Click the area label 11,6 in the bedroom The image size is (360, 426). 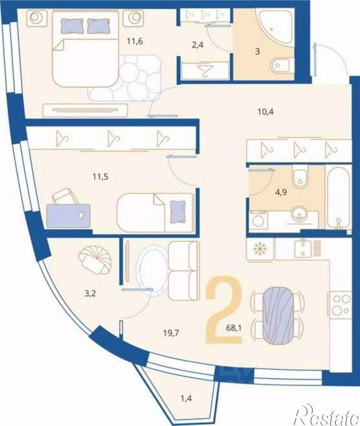coord(135,42)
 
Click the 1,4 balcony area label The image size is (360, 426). coord(186,399)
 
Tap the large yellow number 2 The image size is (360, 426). coord(224,309)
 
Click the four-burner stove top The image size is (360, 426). coord(341,305)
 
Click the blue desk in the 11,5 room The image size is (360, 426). coord(69,215)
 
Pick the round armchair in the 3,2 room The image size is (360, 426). coord(95,261)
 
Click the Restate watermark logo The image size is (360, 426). coord(327,414)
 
